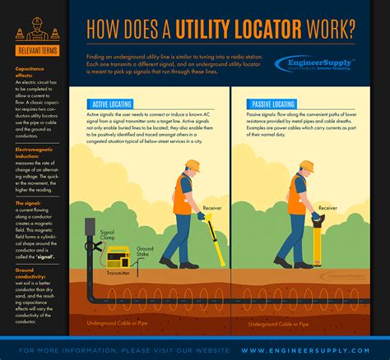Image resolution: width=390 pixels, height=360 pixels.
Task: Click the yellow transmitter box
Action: (118, 256)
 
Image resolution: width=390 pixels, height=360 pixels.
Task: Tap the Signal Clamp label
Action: (108, 237)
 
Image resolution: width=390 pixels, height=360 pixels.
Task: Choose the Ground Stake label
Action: (146, 250)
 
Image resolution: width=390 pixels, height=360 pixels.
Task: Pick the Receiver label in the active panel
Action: (213, 208)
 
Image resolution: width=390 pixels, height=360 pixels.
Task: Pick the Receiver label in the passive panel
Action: (351, 209)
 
